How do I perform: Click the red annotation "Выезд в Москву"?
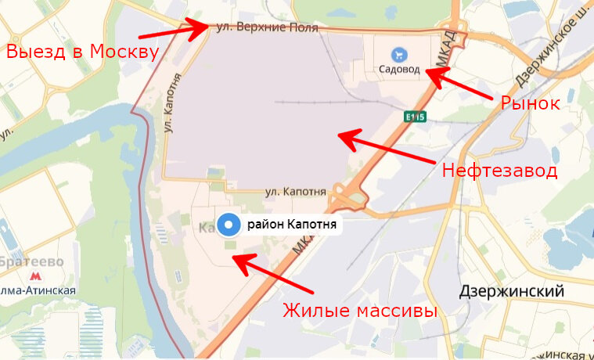coord(82,52)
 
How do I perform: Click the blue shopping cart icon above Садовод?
coord(399,54)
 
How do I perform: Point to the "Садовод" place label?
coord(399,70)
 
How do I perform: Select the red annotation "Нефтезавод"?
coord(499,171)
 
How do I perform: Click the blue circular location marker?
coord(229,225)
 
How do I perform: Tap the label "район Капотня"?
coord(291,225)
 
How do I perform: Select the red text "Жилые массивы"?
coord(359,311)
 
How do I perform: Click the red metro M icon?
coord(34,276)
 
